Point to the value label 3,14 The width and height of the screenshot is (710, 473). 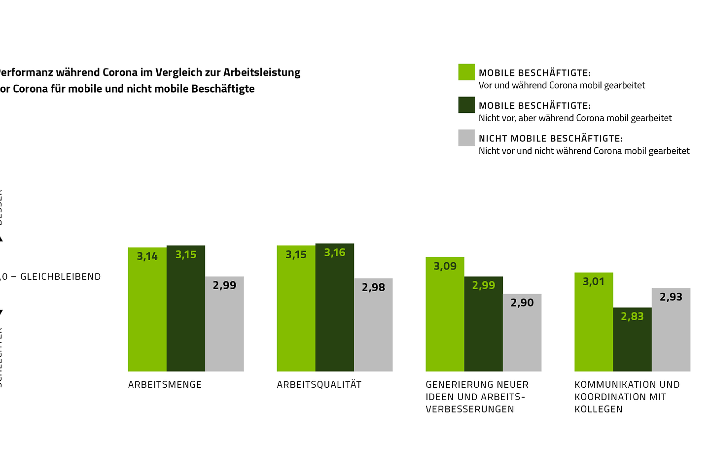coord(147,256)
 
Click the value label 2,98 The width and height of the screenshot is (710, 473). coord(373,287)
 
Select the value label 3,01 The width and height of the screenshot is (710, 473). coord(594,281)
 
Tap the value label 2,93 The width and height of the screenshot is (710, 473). coord(671,297)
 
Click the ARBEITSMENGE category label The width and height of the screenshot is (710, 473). coord(165,385)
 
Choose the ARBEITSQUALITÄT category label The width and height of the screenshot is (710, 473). coord(319,385)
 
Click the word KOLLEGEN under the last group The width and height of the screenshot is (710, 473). coord(599,409)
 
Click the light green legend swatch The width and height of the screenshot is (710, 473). coord(466,72)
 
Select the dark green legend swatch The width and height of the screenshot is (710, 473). coord(466,105)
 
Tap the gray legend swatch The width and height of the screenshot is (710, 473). coord(466,138)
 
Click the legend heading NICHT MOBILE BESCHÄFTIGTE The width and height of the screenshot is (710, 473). coord(550,138)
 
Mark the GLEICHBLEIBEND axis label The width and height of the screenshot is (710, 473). coord(61,277)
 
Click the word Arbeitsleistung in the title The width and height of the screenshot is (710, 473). coord(262,72)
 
